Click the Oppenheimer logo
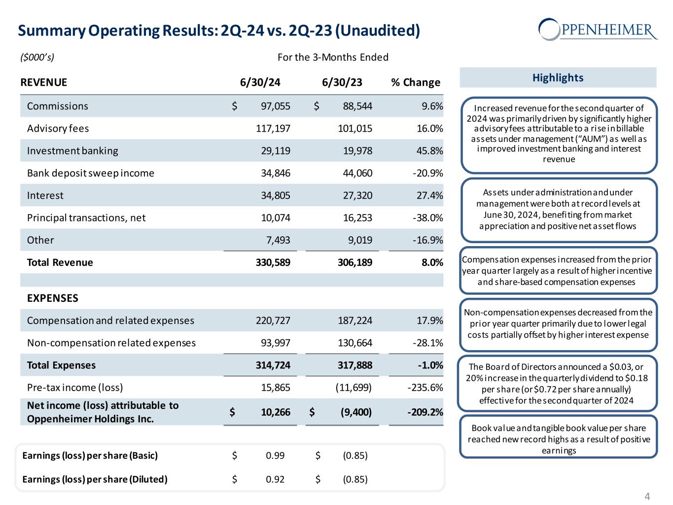[598, 29]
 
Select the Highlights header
[558, 77]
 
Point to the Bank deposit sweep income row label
[90, 173]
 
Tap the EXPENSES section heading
[52, 298]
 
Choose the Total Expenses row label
[61, 365]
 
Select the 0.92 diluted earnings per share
[275, 479]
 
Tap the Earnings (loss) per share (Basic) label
[90, 455]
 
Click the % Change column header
[415, 82]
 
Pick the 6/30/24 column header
[260, 82]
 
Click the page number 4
[647, 496]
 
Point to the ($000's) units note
[37, 57]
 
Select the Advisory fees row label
[58, 129]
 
